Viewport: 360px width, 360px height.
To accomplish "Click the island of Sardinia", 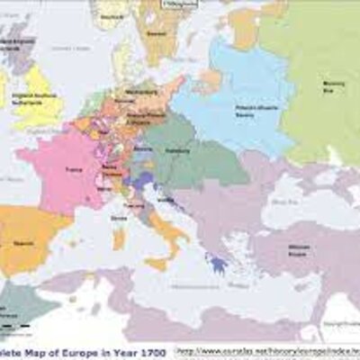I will click(x=119, y=238).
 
